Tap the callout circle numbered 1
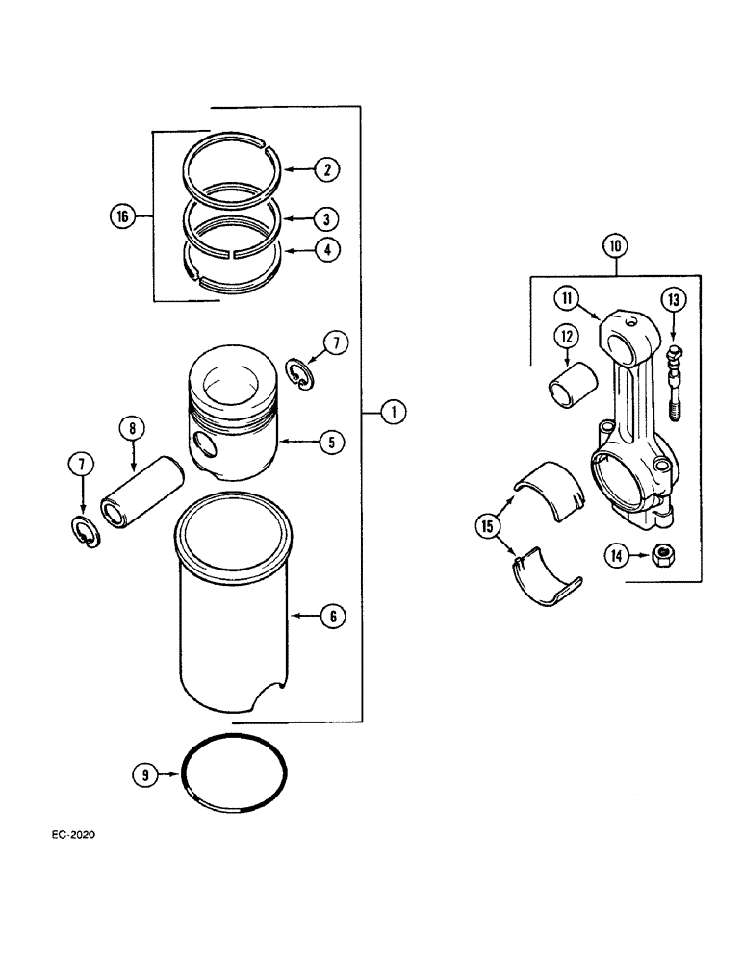point(392,413)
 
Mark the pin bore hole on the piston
point(204,444)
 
